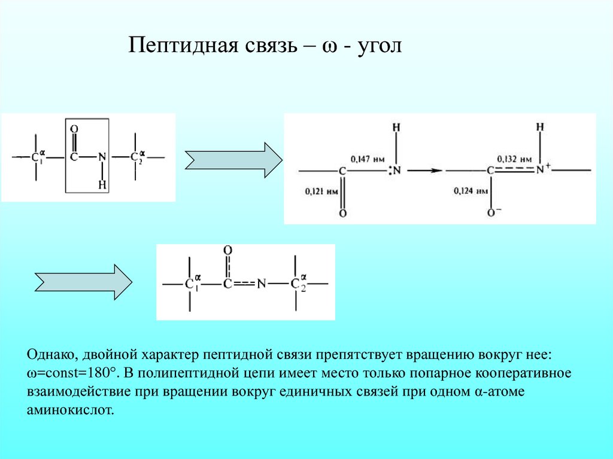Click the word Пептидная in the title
pyautogui.click(x=184, y=45)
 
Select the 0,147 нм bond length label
pyautogui.click(x=368, y=160)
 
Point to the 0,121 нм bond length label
pyautogui.click(x=321, y=192)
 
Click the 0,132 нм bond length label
pyautogui.click(x=514, y=160)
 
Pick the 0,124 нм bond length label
pyautogui.click(x=471, y=191)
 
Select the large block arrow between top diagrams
pyautogui.click(x=233, y=160)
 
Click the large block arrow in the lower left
pyautogui.click(x=84, y=282)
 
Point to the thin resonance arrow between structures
pyautogui.click(x=425, y=171)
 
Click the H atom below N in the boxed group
pyautogui.click(x=102, y=184)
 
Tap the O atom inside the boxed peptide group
pyautogui.click(x=74, y=129)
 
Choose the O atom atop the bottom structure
pyautogui.click(x=227, y=250)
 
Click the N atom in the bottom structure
pyautogui.click(x=261, y=284)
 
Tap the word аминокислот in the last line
pyautogui.click(x=70, y=411)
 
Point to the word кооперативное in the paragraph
pyautogui.click(x=523, y=374)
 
